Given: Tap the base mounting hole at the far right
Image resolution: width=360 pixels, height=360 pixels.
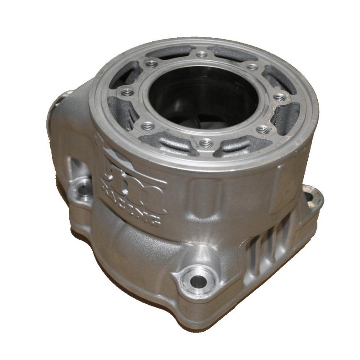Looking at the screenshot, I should pyautogui.click(x=309, y=197).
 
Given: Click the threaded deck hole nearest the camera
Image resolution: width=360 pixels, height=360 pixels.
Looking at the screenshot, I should pyautogui.click(x=207, y=143).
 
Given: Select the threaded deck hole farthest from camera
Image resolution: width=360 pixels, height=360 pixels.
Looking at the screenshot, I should pyautogui.click(x=201, y=54).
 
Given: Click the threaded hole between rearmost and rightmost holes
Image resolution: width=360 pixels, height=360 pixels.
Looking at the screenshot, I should pyautogui.click(x=253, y=67).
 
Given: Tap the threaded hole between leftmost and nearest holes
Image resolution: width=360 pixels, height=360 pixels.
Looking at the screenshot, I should pyautogui.click(x=146, y=126).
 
